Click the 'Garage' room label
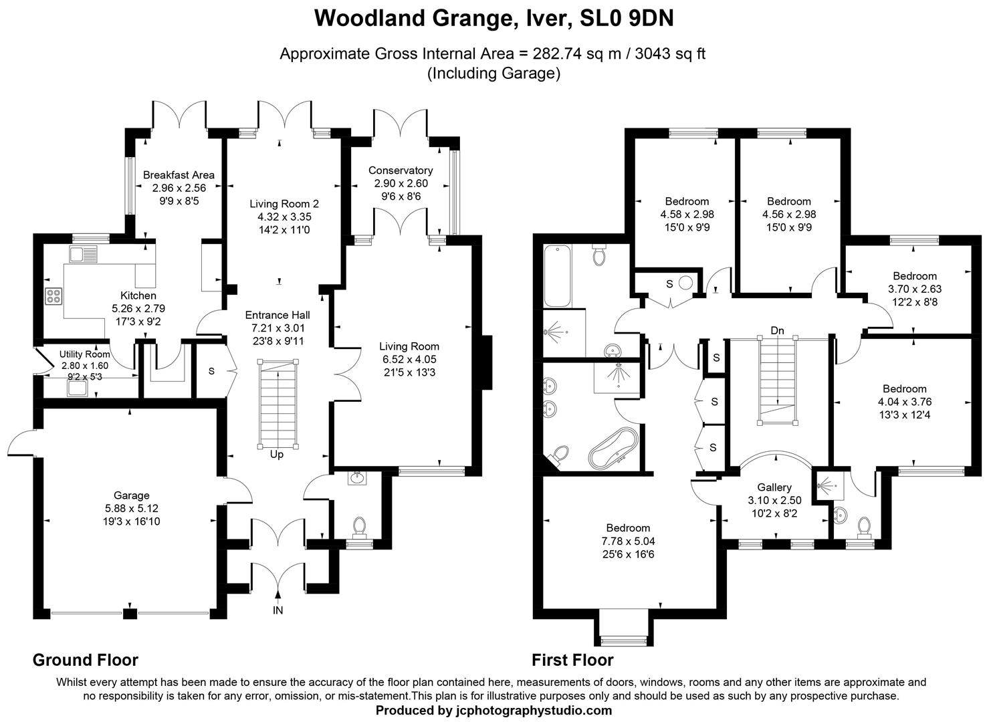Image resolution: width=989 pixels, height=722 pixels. point(131,495)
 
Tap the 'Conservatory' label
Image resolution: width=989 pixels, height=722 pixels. point(401,170)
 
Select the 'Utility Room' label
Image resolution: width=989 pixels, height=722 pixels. point(84,354)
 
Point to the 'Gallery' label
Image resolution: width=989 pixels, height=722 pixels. point(774,487)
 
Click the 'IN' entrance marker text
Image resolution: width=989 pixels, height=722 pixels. point(278,610)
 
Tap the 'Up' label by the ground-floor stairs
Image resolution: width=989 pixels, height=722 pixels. point(277,455)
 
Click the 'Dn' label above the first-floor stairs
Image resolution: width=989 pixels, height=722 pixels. point(777,330)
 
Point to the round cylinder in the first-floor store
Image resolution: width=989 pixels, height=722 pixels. point(685,283)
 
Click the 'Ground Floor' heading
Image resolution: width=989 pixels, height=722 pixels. point(86,660)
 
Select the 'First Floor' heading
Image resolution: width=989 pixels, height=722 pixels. point(572,660)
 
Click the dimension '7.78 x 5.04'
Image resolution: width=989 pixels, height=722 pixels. point(628,541)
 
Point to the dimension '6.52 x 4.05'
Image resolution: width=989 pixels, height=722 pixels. point(409,359)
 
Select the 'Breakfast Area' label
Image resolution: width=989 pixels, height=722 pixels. point(179,175)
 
